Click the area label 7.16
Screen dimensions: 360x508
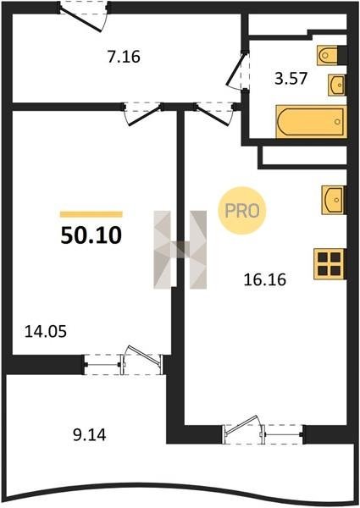pyautogui.click(x=124, y=57)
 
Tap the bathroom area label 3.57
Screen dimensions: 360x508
pyautogui.click(x=291, y=79)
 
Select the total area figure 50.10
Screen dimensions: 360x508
pyautogui.click(x=91, y=235)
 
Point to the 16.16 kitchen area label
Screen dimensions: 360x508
pyautogui.click(x=265, y=279)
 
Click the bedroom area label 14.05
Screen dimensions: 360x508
pyautogui.click(x=46, y=331)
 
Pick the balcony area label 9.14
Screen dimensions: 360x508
pyautogui.click(x=90, y=435)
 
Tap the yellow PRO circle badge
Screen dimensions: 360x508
pyautogui.click(x=242, y=211)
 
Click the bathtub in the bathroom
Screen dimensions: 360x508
pyautogui.click(x=311, y=121)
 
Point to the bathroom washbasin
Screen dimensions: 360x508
pyautogui.click(x=337, y=85)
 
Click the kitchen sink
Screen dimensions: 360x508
pyautogui.click(x=334, y=200)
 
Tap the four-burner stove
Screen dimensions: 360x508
pyautogui.click(x=330, y=263)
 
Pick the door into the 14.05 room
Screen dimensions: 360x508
pyautogui.click(x=142, y=113)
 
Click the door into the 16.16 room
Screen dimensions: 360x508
pyautogui.click(x=215, y=113)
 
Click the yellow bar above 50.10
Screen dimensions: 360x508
pyautogui.click(x=91, y=214)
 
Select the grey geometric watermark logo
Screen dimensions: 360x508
pyautogui.click(x=180, y=250)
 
